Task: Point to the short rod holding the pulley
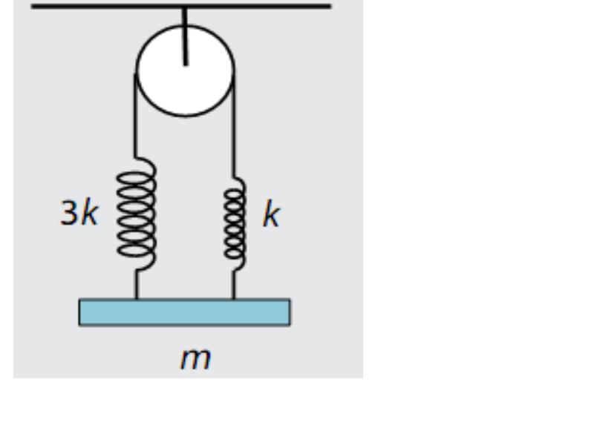point(186,37)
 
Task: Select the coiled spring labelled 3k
point(137,211)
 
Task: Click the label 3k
point(78,215)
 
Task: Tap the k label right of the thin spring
point(272,215)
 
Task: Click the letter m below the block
point(196,359)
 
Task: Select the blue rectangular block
point(184,312)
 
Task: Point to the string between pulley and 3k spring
point(136,119)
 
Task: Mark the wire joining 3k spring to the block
point(137,283)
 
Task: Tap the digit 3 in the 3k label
point(68,215)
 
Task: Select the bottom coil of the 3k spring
point(137,251)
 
